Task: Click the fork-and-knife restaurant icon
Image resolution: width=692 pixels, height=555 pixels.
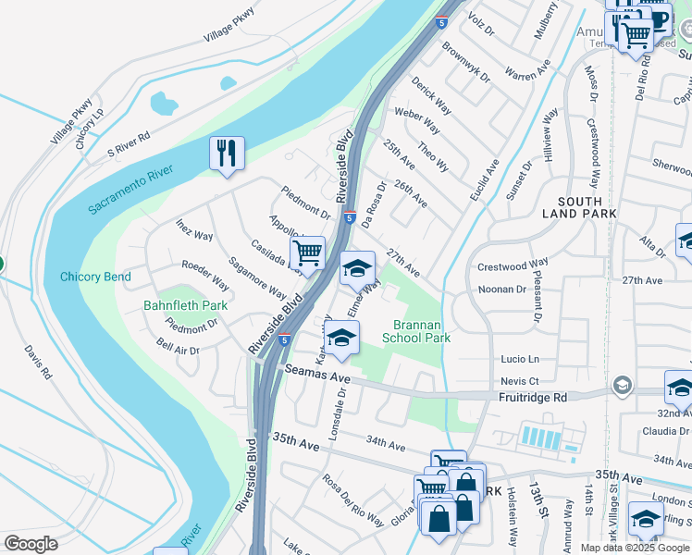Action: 227,152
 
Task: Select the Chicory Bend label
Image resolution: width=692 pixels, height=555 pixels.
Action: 95,277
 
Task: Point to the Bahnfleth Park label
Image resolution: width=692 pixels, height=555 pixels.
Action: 185,305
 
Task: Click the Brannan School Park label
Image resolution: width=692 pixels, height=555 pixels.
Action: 422,331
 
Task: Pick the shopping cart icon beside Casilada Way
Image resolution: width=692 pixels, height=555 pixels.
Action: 307,253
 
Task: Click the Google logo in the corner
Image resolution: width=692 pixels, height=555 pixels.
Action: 31,544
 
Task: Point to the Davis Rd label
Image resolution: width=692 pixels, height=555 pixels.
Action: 38,363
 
